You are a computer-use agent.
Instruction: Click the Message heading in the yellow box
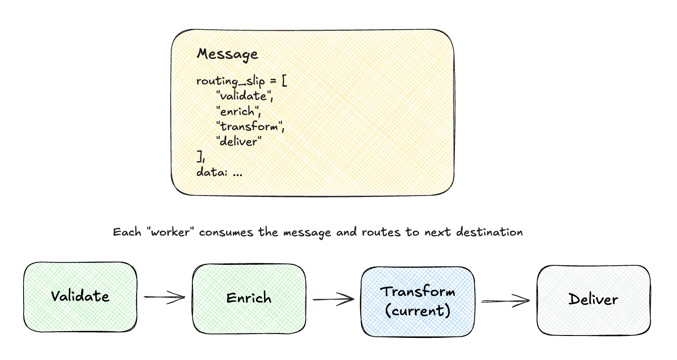tap(227, 54)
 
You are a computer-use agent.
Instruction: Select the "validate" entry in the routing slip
tap(244, 96)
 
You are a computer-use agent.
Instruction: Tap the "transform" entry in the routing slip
tap(250, 127)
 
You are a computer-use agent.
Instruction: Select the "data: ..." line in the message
tap(219, 172)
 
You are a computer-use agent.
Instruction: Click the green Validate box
tap(80, 297)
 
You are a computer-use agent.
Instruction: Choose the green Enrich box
tap(248, 298)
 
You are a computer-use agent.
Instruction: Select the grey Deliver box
tap(593, 300)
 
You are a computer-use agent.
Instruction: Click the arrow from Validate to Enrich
tap(165, 297)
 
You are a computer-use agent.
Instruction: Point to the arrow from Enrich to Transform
tap(333, 299)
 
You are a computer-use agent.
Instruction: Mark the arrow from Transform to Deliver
tap(505, 300)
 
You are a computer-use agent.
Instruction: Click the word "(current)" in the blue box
tap(418, 311)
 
